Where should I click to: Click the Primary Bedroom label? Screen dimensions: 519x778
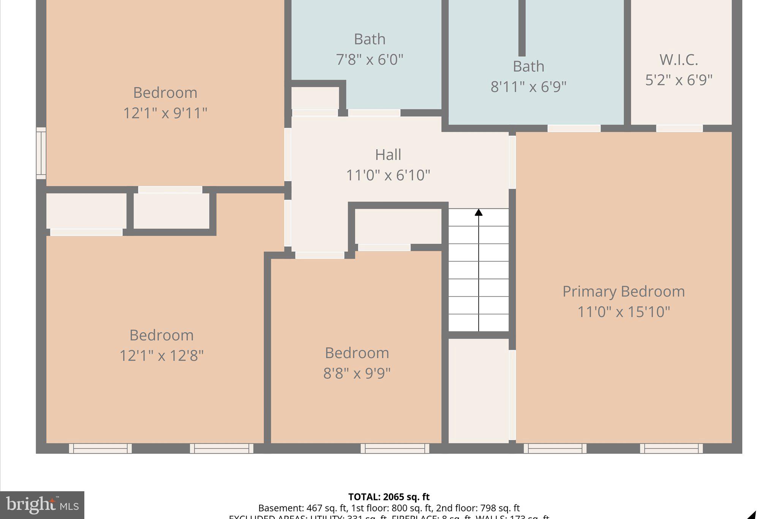point(623,292)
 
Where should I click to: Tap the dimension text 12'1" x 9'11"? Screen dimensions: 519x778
point(165,113)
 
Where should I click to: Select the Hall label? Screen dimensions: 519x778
point(388,155)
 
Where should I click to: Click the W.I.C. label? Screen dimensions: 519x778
point(678,60)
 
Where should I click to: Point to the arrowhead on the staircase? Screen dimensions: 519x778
point(479,212)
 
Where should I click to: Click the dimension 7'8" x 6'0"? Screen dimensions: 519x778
point(369,60)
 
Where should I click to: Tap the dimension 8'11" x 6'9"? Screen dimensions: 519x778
point(528,87)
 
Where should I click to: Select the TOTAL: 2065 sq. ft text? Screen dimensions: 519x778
point(389,497)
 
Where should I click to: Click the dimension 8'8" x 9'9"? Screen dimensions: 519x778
point(357,373)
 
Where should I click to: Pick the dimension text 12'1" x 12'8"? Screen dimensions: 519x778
point(161,356)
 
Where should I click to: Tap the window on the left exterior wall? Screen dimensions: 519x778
point(41,153)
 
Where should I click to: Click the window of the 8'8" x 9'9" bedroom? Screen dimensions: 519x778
point(395,449)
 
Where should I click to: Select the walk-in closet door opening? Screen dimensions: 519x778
point(679,129)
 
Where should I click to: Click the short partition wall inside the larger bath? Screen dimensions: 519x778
point(522,29)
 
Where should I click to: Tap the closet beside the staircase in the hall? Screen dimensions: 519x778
point(398,226)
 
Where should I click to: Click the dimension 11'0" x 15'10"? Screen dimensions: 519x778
point(623,312)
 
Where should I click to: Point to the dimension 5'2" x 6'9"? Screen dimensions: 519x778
point(678,80)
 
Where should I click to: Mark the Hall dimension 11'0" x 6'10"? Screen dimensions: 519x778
point(388,175)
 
